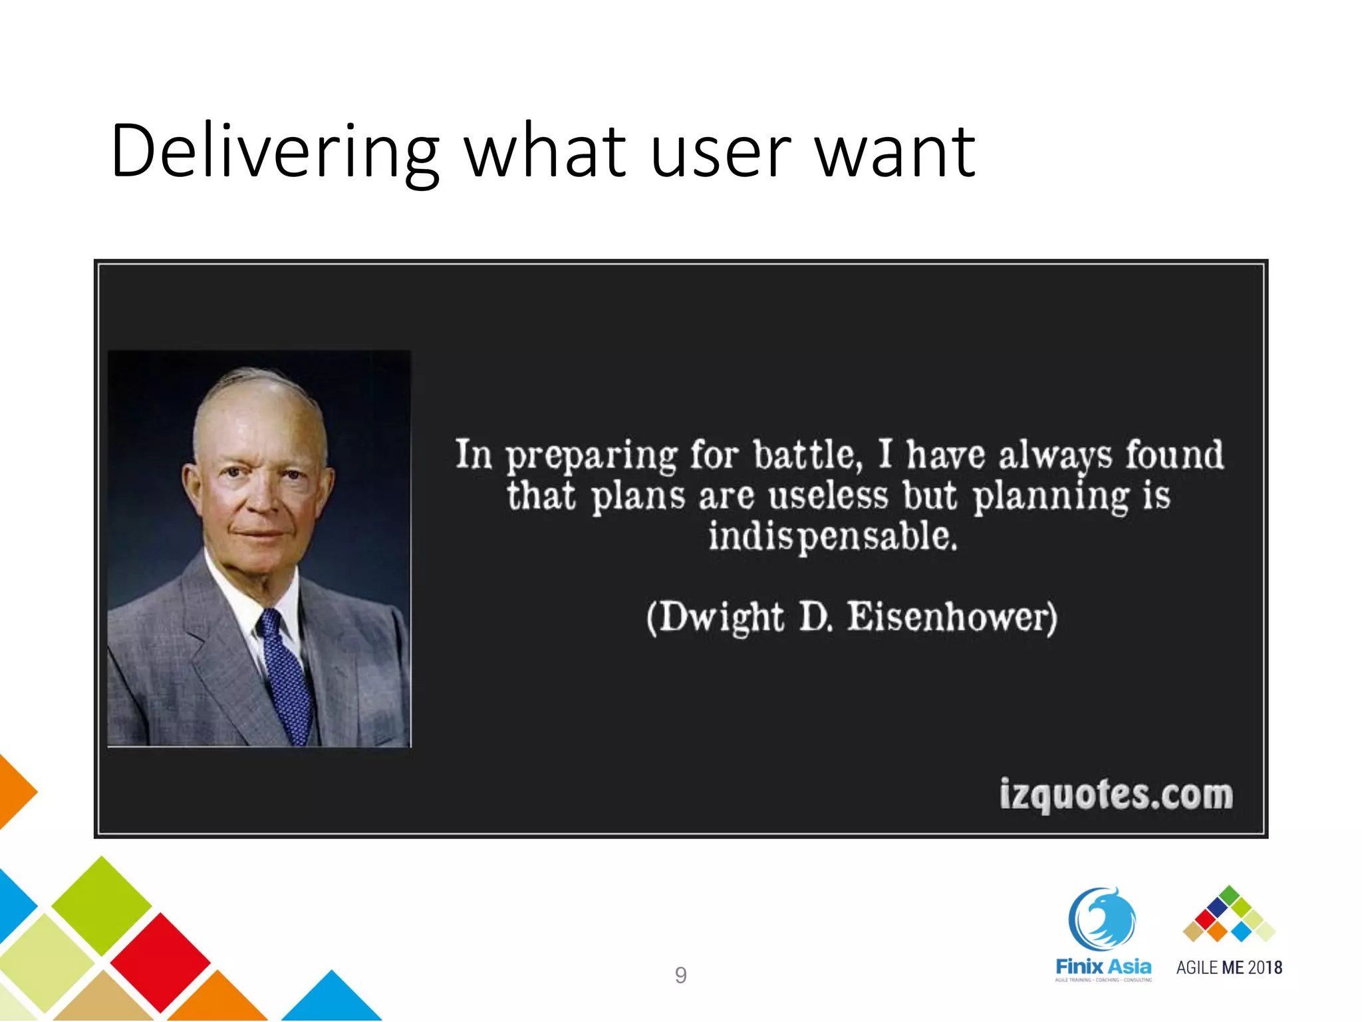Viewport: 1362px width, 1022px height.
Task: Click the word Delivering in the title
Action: tap(275, 152)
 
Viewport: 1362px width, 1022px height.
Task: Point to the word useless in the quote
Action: tap(828, 496)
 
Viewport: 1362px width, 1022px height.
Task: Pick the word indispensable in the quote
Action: tap(833, 537)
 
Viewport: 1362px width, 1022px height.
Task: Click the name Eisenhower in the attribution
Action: tap(952, 617)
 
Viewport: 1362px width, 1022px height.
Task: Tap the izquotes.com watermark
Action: tap(1116, 794)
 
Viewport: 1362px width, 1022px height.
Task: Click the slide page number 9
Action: tap(680, 975)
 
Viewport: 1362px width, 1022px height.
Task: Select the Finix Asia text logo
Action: tap(1103, 967)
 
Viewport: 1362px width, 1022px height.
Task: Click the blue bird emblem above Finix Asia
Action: tap(1102, 918)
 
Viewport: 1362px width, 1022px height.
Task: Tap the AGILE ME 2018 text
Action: tap(1229, 967)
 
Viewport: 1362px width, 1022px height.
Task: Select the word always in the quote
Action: tap(1055, 456)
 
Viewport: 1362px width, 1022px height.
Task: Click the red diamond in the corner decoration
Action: tap(160, 961)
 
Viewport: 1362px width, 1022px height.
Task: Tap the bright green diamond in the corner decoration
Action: tap(101, 905)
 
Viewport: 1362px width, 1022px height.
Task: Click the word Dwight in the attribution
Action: tap(721, 617)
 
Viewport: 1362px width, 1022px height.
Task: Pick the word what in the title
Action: tap(545, 152)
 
